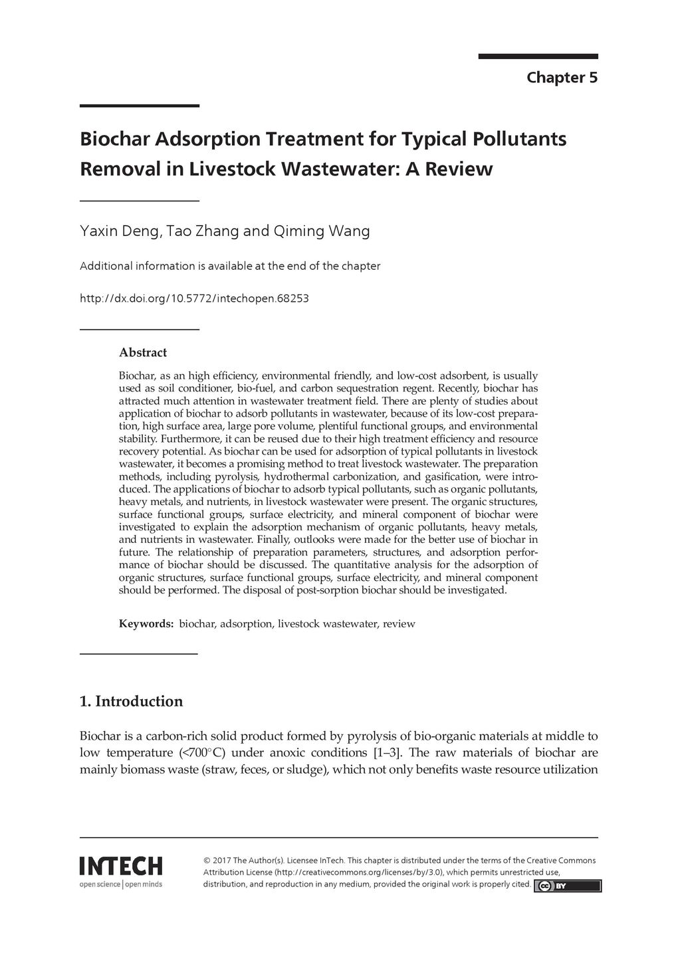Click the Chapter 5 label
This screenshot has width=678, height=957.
(562, 78)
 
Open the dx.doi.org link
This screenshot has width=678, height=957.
(193, 298)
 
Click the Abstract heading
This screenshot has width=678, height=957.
(142, 352)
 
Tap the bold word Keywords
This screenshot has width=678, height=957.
(146, 623)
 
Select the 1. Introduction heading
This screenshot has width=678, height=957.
(131, 701)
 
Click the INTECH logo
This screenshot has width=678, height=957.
(120, 866)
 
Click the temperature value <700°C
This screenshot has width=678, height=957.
(203, 753)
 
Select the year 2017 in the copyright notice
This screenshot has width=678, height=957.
(221, 860)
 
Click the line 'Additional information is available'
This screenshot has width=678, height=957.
(229, 266)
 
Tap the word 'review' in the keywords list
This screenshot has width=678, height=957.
(399, 623)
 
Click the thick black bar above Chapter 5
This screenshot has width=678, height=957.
(538, 56)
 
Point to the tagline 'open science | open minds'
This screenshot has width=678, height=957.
(120, 884)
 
